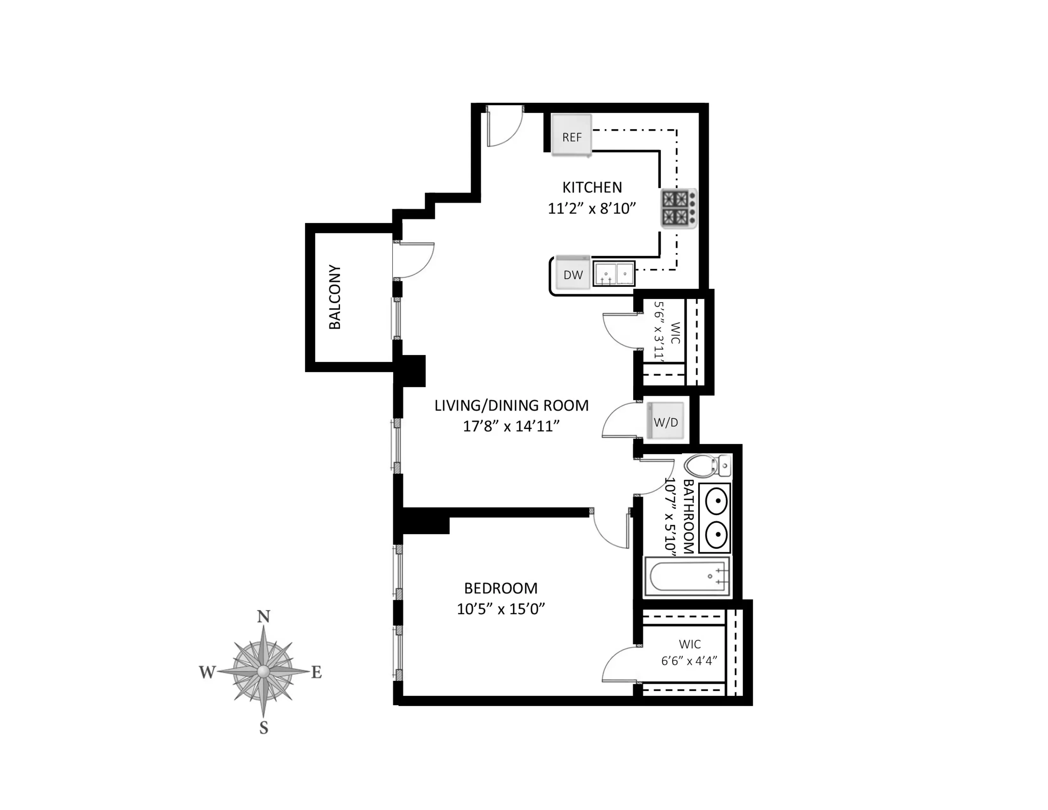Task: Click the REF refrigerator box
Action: click(x=572, y=136)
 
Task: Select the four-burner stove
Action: click(x=679, y=209)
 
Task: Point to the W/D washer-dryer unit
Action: click(x=666, y=421)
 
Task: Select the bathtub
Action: click(x=687, y=577)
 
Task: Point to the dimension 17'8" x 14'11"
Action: click(x=511, y=426)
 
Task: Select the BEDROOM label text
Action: click(x=500, y=588)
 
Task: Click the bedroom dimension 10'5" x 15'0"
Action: click(x=500, y=609)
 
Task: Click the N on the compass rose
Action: click(x=264, y=617)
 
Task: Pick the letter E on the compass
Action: click(x=316, y=673)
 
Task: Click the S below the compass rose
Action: click(x=264, y=728)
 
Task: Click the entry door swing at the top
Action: click(x=504, y=127)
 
